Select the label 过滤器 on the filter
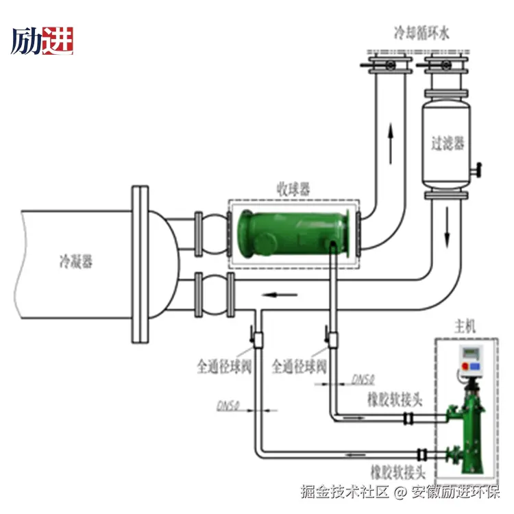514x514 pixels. pos(448,143)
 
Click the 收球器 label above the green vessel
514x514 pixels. pos(293,188)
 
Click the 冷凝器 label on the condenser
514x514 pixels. pos(75,261)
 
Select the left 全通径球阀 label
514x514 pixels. pos(225,367)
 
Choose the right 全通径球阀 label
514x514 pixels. pos(299,367)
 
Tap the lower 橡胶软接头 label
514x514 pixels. pos(398,472)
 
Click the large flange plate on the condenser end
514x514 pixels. pos(139,263)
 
